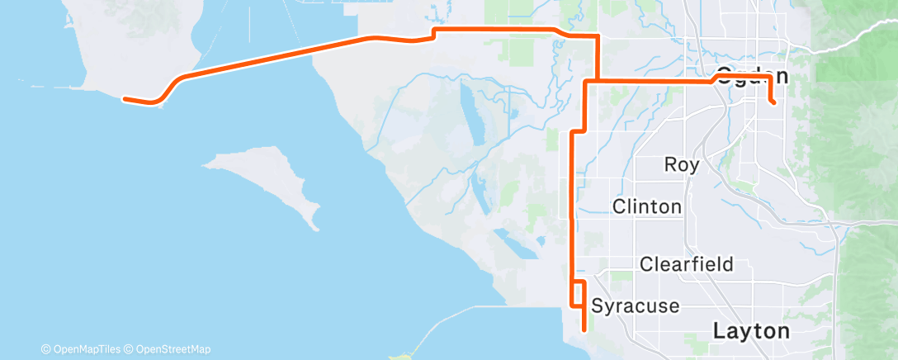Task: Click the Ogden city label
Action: coord(751,75)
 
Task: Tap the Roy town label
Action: coord(682,164)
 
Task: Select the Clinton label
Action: coord(647,206)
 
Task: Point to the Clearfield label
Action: coord(687,264)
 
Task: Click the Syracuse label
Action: coord(635,306)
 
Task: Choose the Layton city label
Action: coord(750,331)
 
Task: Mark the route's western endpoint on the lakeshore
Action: coord(124,99)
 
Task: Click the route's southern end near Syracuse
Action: coord(584,329)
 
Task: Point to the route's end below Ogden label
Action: coord(773,103)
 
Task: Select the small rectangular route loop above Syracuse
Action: coord(579,294)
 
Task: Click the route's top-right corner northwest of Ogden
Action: coord(597,36)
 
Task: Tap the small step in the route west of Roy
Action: coord(579,131)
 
